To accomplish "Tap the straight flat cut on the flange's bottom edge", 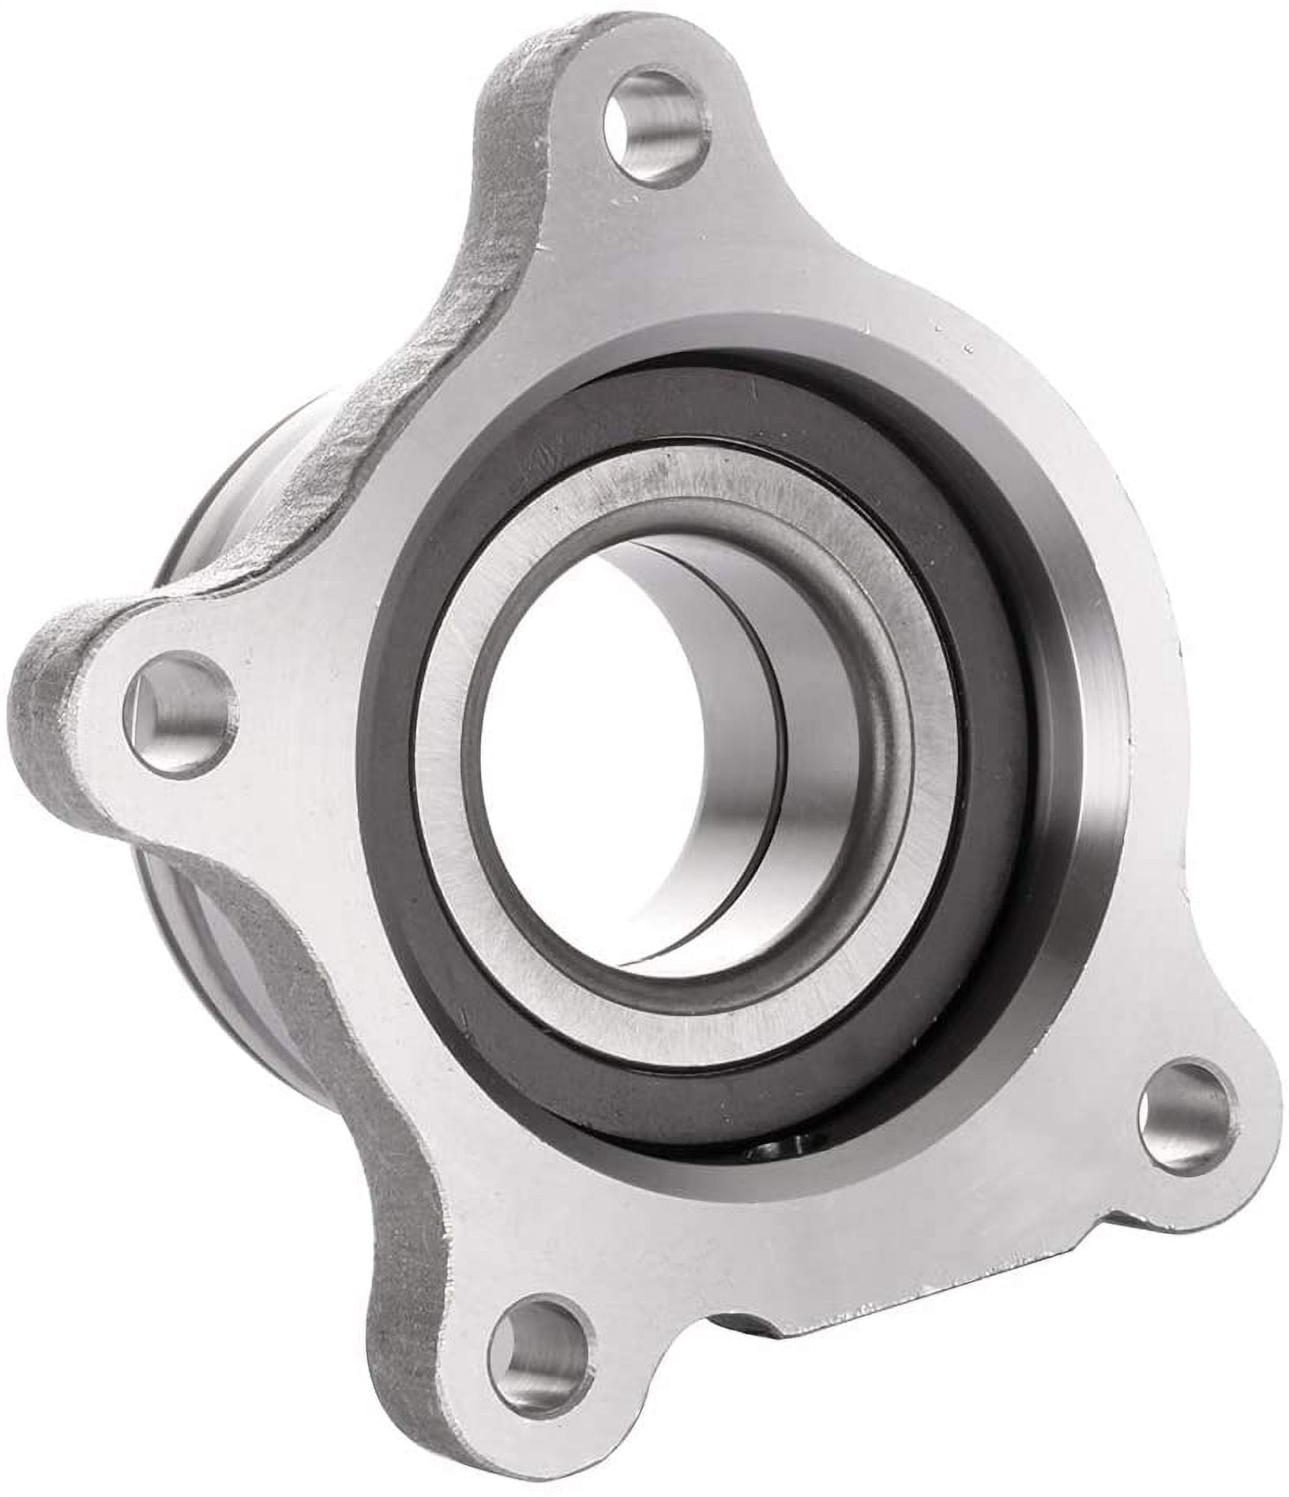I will tap(853, 1394).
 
